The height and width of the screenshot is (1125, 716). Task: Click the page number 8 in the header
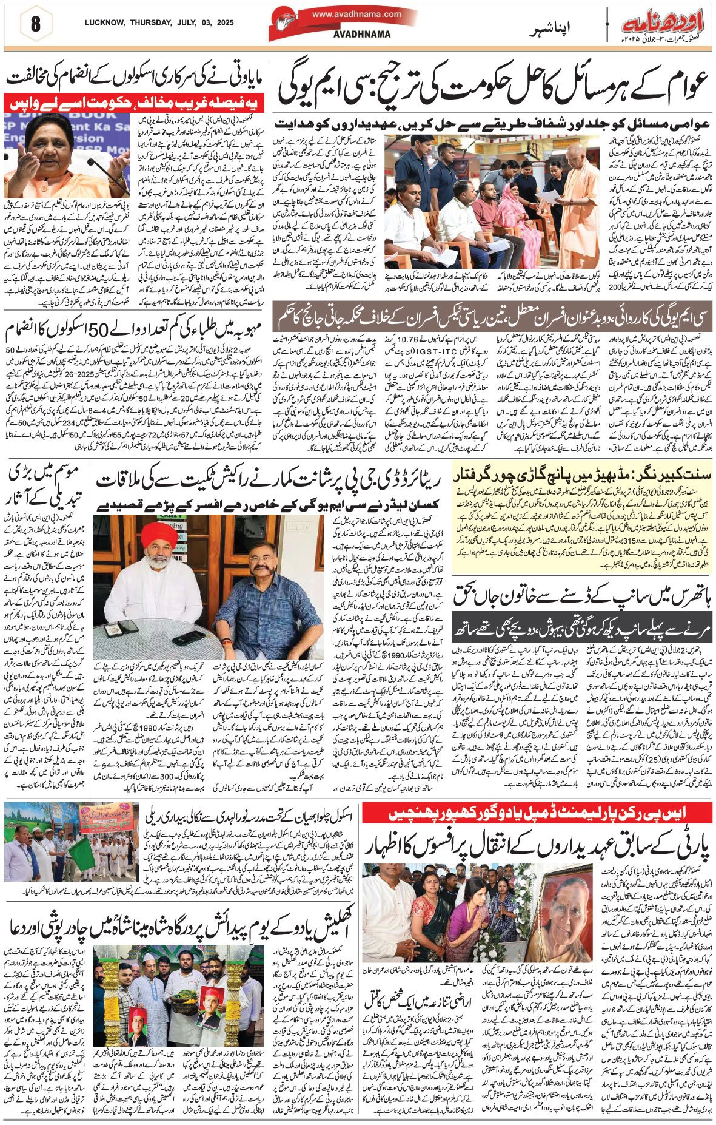(x=35, y=25)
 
